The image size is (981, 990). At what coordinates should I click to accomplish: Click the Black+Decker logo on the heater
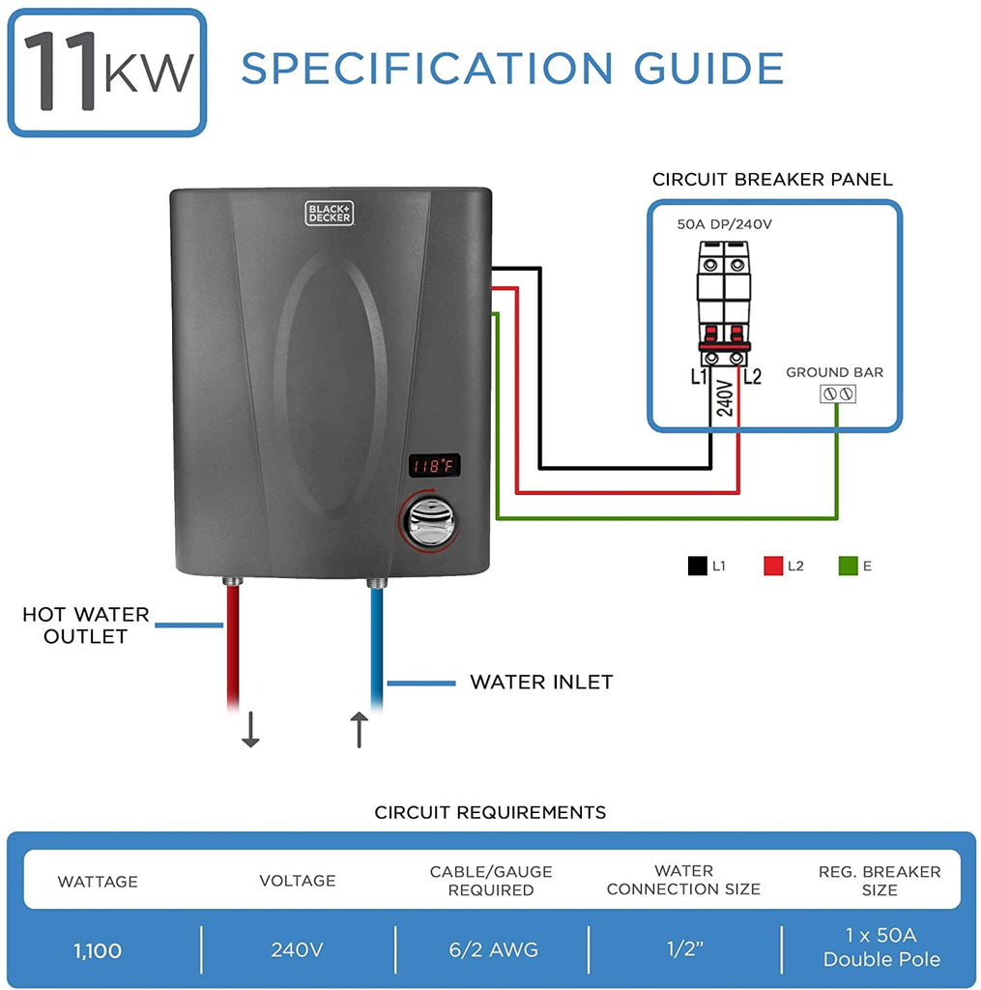pyautogui.click(x=330, y=213)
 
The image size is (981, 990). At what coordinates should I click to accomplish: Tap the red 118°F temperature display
pyautogui.click(x=433, y=466)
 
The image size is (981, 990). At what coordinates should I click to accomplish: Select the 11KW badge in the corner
pyautogui.click(x=107, y=73)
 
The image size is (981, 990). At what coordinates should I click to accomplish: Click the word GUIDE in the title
pyautogui.click(x=708, y=69)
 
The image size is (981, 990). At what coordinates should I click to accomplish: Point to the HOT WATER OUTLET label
pyautogui.click(x=86, y=626)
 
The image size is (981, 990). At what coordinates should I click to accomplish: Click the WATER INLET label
pyautogui.click(x=541, y=683)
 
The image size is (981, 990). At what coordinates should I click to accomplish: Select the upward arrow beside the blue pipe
pyautogui.click(x=359, y=729)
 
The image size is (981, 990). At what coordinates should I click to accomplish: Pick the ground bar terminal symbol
pyautogui.click(x=837, y=394)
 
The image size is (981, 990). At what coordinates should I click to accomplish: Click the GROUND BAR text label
pyautogui.click(x=834, y=372)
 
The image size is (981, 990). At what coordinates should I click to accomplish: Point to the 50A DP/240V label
pyautogui.click(x=725, y=224)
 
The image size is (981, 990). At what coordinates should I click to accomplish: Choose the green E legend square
pyautogui.click(x=848, y=567)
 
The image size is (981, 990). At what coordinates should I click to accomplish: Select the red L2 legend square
pyautogui.click(x=772, y=567)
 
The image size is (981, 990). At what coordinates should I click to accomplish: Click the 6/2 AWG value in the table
pyautogui.click(x=491, y=950)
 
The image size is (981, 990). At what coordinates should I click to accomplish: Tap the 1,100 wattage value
pyautogui.click(x=99, y=950)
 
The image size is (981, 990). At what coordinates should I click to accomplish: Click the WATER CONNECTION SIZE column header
pyautogui.click(x=683, y=880)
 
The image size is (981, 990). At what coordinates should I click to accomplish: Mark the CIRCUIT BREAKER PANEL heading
pyautogui.click(x=772, y=180)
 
